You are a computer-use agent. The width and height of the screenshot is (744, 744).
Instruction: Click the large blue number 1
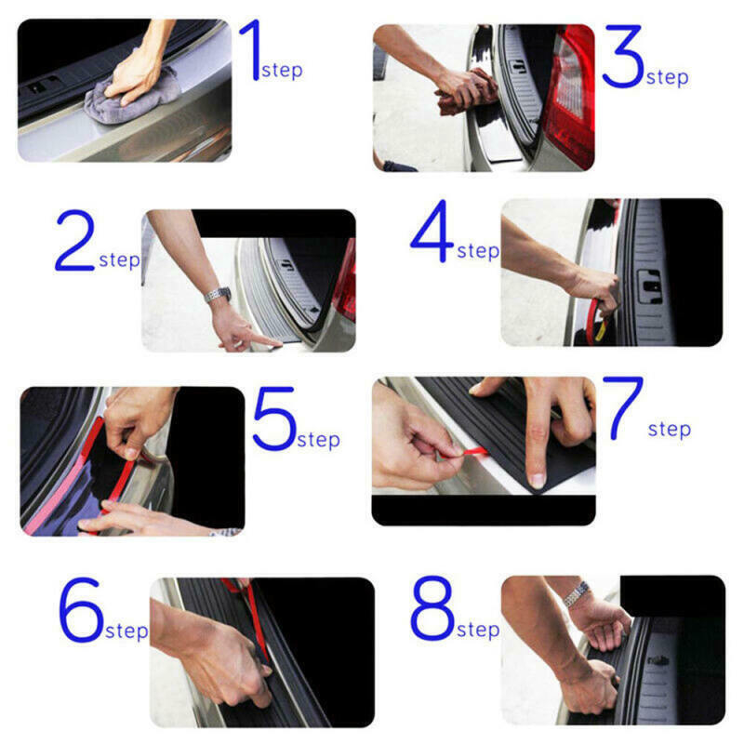click(x=250, y=50)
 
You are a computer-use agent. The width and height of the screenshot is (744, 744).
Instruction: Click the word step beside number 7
click(x=670, y=430)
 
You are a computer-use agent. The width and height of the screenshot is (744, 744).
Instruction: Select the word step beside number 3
click(x=668, y=78)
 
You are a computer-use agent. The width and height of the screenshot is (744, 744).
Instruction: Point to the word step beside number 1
click(x=282, y=71)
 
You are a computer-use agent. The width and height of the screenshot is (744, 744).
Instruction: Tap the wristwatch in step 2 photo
click(x=217, y=295)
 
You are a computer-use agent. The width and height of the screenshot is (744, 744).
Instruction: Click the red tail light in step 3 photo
click(x=569, y=93)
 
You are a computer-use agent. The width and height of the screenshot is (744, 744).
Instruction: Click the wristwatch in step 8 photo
click(x=578, y=591)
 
